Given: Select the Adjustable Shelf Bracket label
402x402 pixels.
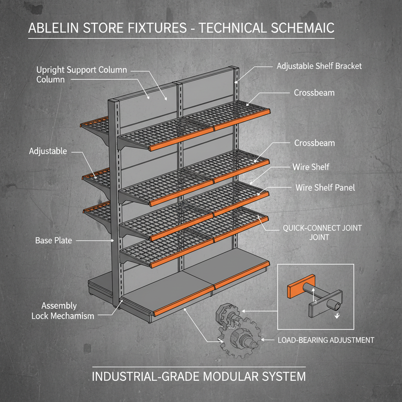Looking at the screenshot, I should (319, 66).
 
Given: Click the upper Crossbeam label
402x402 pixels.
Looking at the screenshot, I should (314, 93).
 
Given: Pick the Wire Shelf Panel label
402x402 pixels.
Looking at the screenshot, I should (325, 188).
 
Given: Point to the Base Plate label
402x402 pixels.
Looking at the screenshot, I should (54, 241).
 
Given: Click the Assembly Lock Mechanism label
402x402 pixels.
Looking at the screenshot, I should (63, 311).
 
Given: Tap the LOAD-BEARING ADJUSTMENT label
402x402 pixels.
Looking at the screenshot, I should (325, 340).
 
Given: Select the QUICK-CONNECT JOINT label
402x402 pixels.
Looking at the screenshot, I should (322, 232).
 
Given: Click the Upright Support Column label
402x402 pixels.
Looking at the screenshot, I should (81, 74).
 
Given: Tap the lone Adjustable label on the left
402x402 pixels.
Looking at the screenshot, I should (48, 151).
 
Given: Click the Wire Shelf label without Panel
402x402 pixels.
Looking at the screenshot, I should (311, 167).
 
